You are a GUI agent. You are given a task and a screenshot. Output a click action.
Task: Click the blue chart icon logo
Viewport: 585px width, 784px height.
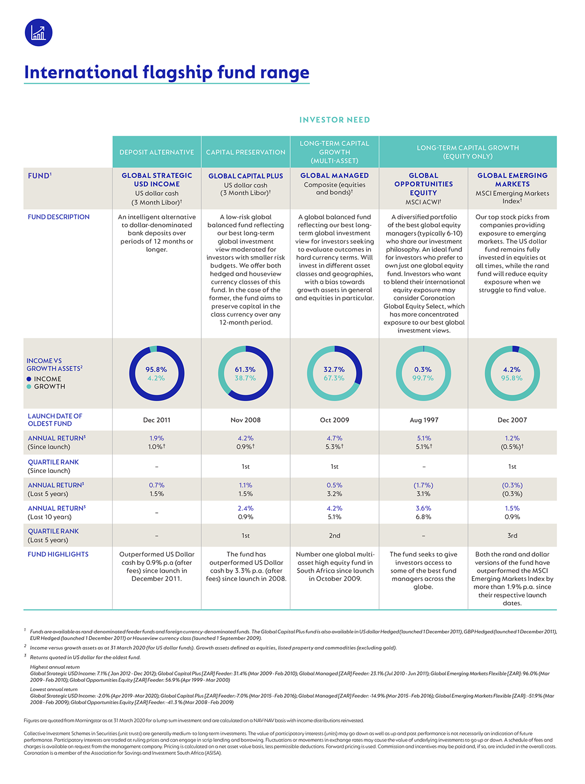pos(38,33)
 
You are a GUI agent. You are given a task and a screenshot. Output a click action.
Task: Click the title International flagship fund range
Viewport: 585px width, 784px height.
pos(166,72)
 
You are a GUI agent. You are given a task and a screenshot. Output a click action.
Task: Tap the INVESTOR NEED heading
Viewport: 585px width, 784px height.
pos(334,119)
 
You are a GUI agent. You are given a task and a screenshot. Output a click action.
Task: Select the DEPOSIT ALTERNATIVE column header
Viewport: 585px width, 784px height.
pos(157,152)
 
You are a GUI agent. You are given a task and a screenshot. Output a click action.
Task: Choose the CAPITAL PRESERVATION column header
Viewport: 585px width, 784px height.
pos(246,152)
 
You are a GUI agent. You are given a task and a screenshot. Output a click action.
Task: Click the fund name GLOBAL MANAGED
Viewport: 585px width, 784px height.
pos(334,175)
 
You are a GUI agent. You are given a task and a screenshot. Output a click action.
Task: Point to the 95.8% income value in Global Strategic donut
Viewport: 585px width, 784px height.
pos(156,369)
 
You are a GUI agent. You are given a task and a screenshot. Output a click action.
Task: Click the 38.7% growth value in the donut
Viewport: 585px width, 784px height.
pos(245,378)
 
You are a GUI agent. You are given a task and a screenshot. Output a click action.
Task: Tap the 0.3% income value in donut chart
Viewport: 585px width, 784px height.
pos(423,369)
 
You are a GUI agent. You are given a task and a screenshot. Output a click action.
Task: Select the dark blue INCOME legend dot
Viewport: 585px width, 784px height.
pos(29,379)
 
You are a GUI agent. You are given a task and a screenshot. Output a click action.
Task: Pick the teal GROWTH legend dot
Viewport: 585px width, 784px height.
pos(29,386)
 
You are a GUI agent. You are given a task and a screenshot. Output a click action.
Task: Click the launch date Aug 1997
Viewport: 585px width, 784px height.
pos(424,420)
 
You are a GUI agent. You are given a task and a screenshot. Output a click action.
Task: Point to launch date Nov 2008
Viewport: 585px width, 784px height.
pos(246,420)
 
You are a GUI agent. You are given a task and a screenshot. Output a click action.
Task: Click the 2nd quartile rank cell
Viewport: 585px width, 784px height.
pos(334,535)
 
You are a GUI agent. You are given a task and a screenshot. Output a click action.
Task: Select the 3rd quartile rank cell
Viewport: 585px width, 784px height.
pos(512,535)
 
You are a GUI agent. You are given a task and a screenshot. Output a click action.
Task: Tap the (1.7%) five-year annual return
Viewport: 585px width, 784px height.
pos(424,485)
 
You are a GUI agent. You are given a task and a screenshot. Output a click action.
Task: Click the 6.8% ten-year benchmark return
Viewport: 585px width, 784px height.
pos(424,517)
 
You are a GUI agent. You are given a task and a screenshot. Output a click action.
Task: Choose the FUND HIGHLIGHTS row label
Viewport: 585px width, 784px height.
pos(58,555)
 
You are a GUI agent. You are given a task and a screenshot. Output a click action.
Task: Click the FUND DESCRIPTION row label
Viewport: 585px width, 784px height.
pos(59,217)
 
